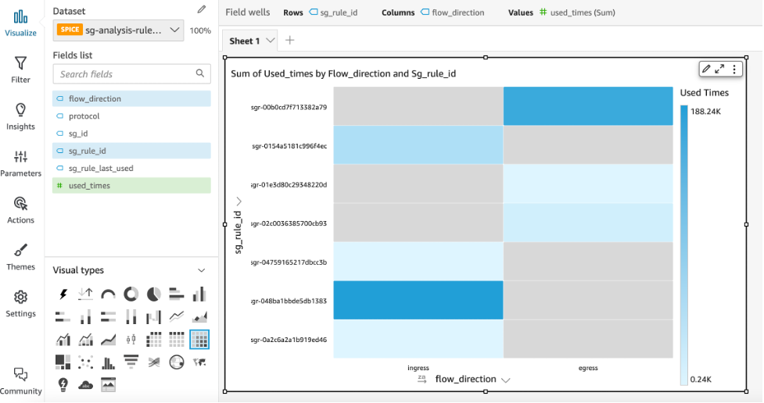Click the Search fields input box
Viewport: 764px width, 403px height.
(x=125, y=74)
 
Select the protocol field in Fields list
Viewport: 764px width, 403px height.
(x=84, y=116)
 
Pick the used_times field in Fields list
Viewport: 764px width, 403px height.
(x=89, y=186)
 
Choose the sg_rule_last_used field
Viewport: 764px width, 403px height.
(x=101, y=169)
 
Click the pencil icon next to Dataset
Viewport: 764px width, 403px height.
(x=202, y=10)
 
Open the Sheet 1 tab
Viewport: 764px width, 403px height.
(x=245, y=41)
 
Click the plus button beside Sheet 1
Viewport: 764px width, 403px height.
(x=290, y=41)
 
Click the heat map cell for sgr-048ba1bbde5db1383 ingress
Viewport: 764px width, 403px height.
(x=418, y=300)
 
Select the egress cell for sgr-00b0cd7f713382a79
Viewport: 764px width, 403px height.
(x=587, y=106)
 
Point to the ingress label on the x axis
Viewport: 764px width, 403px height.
(x=418, y=367)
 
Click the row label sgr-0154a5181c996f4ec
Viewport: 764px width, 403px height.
(x=289, y=146)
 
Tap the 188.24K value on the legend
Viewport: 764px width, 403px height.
(x=706, y=112)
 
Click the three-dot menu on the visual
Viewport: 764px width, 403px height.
(x=734, y=70)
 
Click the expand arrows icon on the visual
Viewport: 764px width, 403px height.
(x=720, y=70)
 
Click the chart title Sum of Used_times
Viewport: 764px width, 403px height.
(x=343, y=73)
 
